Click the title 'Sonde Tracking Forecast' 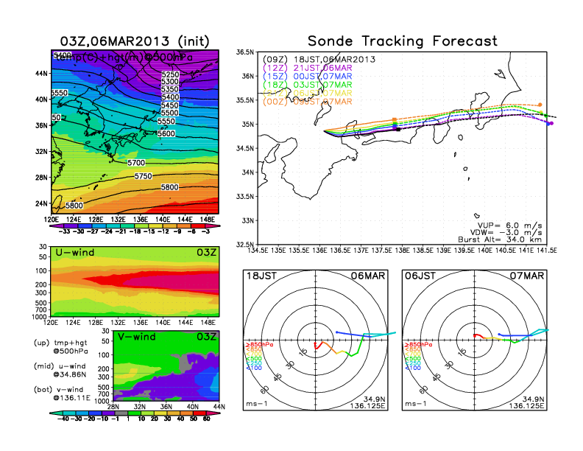pyautogui.click(x=403, y=41)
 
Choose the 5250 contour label pyautogui.click(x=171, y=74)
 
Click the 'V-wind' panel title pyautogui.click(x=141, y=337)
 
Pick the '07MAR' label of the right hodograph pyautogui.click(x=531, y=277)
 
